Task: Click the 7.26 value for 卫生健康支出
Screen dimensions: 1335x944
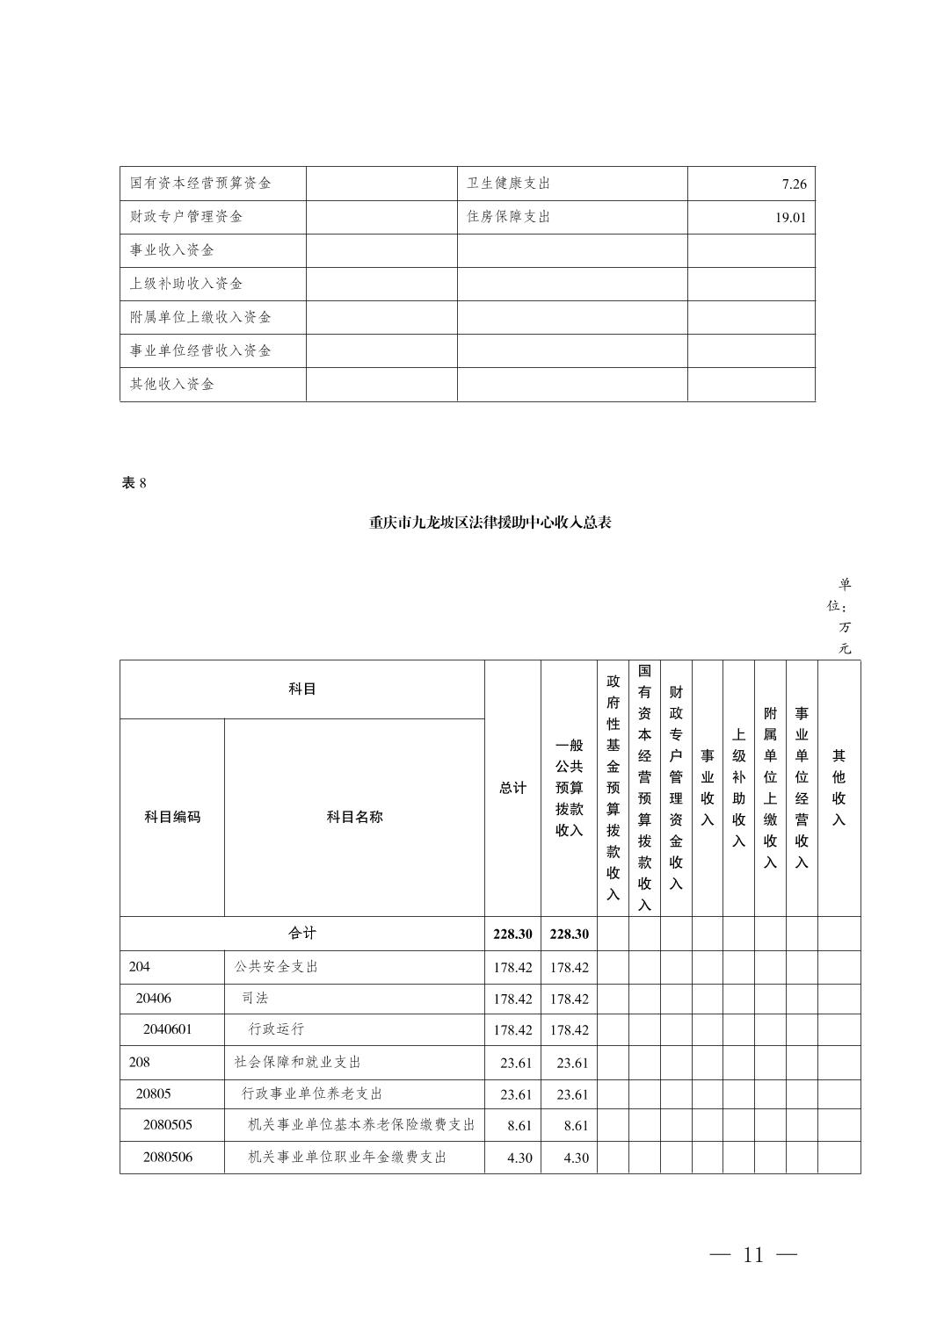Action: point(793,184)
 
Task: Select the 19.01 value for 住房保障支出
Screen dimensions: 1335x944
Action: point(789,218)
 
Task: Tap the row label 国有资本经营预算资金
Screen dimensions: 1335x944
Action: point(200,183)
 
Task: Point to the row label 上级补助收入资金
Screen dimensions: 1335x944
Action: point(186,284)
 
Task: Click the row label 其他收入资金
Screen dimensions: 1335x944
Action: point(172,384)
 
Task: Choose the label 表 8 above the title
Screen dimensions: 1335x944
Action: point(134,483)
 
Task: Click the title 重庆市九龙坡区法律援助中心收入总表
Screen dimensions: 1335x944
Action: point(490,523)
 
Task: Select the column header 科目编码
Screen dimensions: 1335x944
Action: point(172,817)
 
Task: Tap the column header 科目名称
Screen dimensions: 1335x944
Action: point(354,817)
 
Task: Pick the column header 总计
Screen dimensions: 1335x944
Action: point(512,788)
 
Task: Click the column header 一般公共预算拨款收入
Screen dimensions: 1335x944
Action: point(569,788)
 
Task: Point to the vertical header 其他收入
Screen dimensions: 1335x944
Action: point(839,788)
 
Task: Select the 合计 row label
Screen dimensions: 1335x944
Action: point(301,933)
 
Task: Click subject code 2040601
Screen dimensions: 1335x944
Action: point(167,1029)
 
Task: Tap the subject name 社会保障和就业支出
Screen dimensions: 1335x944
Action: point(297,1062)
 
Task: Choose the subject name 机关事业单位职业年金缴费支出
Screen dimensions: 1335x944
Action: point(347,1158)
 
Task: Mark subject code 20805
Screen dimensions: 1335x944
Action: point(154,1093)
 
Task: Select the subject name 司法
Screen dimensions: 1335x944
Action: point(255,999)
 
